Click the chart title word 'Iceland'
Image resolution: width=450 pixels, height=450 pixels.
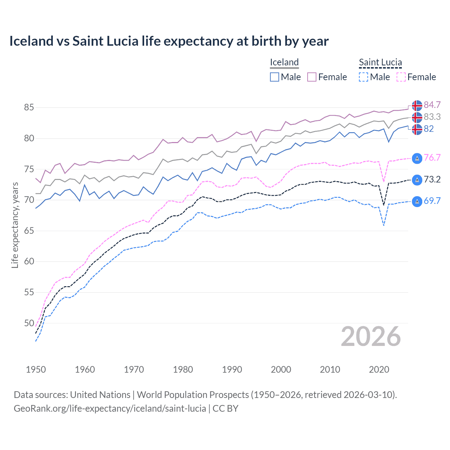pos(31,41)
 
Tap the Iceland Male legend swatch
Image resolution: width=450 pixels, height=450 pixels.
pos(275,77)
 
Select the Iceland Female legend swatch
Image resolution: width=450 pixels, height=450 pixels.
pos(312,77)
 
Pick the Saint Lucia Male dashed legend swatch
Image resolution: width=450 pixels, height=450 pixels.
pos(364,77)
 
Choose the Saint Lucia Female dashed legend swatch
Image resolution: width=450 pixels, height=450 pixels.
pos(401,77)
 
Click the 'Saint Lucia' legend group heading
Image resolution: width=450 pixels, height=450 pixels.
pos(380,62)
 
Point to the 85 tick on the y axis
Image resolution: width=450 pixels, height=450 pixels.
pos(29,107)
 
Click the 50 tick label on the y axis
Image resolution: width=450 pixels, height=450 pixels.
pos(29,323)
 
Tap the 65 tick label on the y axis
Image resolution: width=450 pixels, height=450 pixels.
pos(29,231)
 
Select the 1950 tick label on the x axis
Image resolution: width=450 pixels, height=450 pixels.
pos(36,369)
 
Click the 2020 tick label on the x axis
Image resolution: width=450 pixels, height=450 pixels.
pos(379,369)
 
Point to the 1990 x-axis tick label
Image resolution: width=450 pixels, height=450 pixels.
pos(232,369)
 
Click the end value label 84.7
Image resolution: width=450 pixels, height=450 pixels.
pos(432,105)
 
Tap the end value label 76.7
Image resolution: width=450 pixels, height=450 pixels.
pos(432,157)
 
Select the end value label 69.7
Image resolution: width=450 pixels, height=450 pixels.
pos(432,201)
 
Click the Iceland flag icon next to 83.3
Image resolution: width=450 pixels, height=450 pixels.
pos(417,117)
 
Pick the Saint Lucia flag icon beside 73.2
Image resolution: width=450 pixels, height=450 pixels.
pos(417,180)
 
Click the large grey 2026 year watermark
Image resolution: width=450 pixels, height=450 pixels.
pos(371,336)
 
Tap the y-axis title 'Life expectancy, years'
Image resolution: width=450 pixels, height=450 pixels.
pos(15,225)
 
